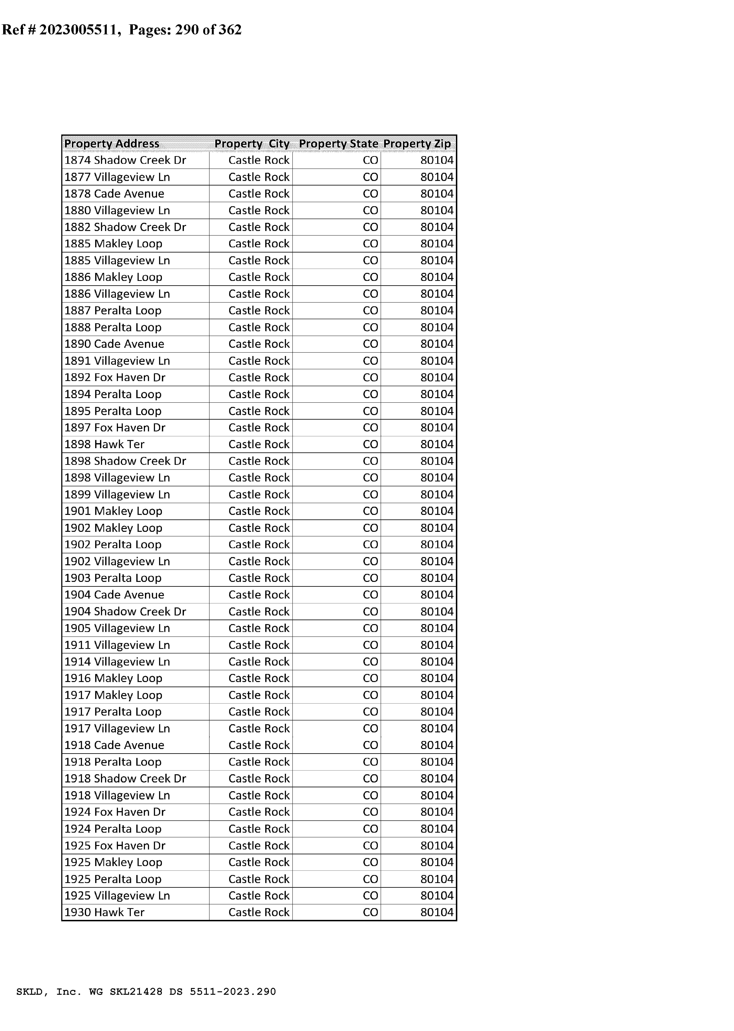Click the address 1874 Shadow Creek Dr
tap(125, 160)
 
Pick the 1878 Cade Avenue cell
tap(114, 194)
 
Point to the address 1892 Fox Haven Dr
tap(115, 378)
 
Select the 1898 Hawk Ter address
tap(104, 444)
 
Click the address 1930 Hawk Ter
tap(104, 912)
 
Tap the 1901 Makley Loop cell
tap(113, 511)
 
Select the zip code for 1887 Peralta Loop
tap(437, 311)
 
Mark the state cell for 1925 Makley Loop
tap(370, 862)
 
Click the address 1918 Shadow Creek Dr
tap(125, 779)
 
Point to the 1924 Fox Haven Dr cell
tap(115, 812)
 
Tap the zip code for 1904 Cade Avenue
tap(437, 595)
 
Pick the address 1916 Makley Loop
tap(113, 678)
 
